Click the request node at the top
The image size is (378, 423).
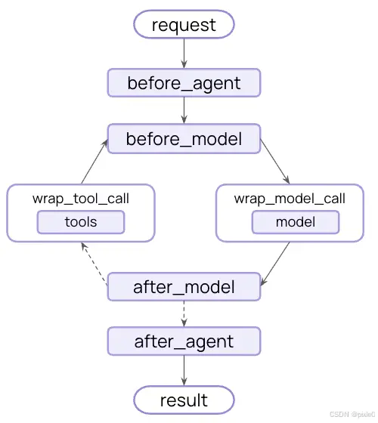point(184,24)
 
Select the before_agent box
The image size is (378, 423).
point(184,83)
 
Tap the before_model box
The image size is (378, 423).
point(184,139)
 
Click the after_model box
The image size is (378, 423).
point(184,287)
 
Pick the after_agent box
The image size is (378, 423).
point(184,341)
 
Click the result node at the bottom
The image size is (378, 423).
point(184,400)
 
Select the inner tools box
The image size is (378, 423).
point(81,222)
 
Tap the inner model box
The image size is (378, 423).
point(296,222)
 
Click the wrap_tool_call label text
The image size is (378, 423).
point(81,199)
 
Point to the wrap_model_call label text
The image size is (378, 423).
point(290,199)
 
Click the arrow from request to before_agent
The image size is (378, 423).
point(184,54)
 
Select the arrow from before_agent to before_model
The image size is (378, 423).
point(184,110)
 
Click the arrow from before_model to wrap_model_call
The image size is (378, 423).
point(275,162)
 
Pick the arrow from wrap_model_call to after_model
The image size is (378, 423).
point(275,264)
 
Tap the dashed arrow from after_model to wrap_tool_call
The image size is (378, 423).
point(94,264)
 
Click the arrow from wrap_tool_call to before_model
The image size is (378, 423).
point(94,162)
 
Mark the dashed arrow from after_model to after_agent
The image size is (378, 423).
point(184,313)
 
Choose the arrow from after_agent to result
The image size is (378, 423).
point(184,370)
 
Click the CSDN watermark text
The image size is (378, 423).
point(352,414)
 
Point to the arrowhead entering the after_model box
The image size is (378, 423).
point(263,283)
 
